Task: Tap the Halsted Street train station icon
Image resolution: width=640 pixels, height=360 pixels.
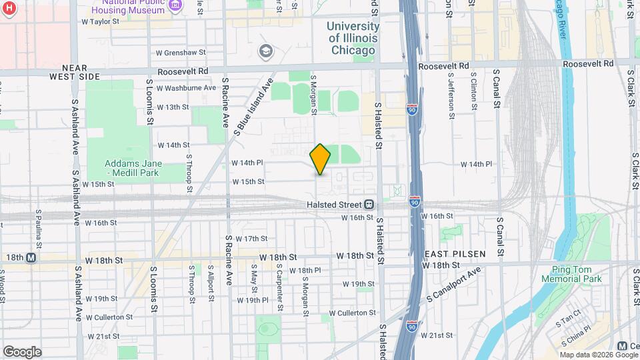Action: point(368,205)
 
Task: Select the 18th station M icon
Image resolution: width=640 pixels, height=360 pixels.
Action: point(31,258)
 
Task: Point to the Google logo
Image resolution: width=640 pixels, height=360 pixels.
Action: point(21,351)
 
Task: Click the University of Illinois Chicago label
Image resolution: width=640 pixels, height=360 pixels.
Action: point(353,32)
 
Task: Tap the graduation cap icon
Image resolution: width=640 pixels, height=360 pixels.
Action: point(266,51)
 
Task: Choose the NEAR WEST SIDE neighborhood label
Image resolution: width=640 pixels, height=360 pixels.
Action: point(75,72)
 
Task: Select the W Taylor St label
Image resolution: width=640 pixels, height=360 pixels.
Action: point(100,21)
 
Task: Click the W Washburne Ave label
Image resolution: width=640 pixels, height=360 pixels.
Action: point(186,87)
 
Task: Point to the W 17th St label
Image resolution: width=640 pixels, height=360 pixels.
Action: point(251,239)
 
